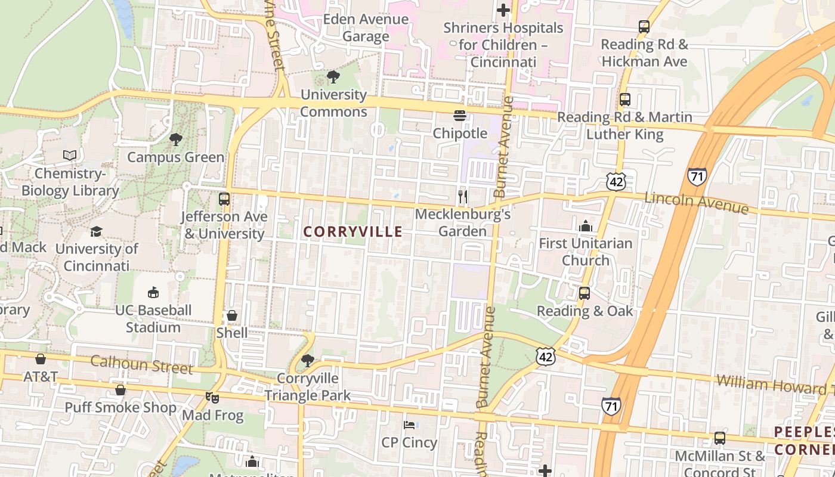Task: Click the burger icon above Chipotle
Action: click(x=459, y=116)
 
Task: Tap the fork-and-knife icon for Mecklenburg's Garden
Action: click(x=462, y=196)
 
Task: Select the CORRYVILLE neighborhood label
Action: click(x=353, y=232)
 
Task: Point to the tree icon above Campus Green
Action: click(x=176, y=140)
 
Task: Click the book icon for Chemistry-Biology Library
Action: click(x=70, y=156)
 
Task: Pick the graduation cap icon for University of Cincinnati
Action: click(x=96, y=231)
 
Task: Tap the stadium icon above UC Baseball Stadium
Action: click(x=153, y=293)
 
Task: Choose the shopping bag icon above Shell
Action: click(x=232, y=315)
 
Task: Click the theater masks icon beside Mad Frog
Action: click(x=210, y=397)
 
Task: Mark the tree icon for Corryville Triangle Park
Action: click(x=308, y=360)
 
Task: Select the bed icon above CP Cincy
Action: click(x=409, y=425)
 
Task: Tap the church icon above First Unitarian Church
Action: click(x=585, y=226)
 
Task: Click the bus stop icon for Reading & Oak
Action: click(x=584, y=293)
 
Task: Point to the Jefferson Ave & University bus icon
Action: click(x=224, y=199)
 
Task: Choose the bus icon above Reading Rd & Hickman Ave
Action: click(x=644, y=27)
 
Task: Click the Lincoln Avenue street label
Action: click(x=696, y=202)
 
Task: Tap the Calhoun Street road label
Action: click(x=142, y=364)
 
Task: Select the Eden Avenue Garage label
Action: click(x=366, y=27)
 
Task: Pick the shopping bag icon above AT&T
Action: click(x=41, y=359)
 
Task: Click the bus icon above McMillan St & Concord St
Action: click(x=720, y=438)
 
